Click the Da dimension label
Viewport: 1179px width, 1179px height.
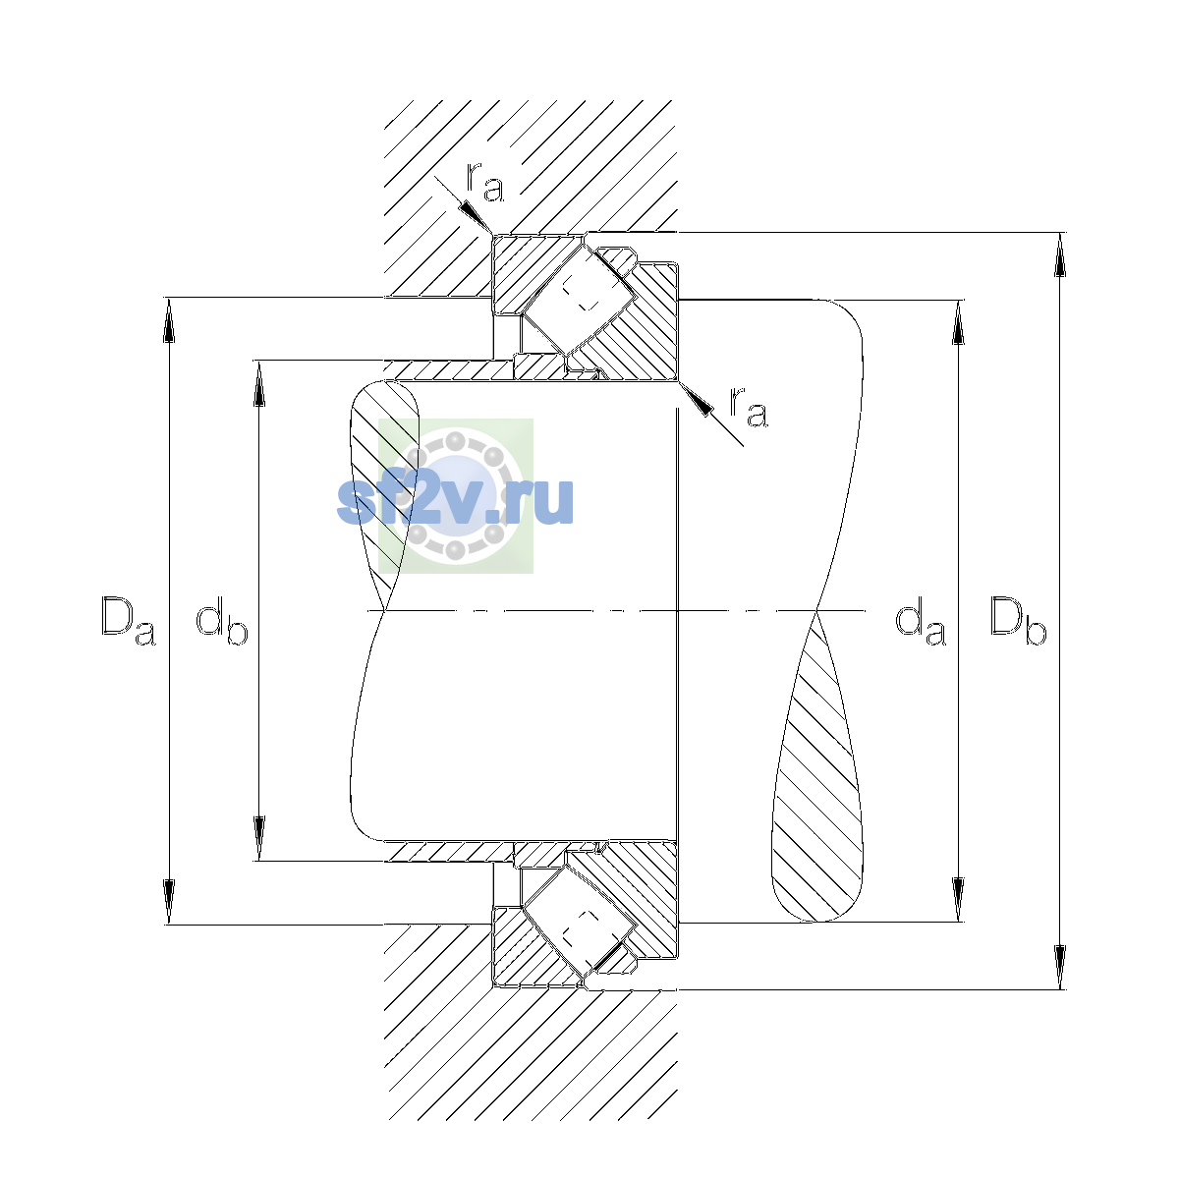pos(129,620)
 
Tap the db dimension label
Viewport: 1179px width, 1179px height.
pos(221,622)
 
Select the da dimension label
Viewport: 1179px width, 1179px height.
pos(921,622)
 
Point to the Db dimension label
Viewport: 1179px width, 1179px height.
pos(1018,620)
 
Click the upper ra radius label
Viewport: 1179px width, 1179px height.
pos(485,182)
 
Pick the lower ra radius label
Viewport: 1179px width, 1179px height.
pos(749,406)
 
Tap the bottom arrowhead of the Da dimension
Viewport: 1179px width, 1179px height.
pos(169,902)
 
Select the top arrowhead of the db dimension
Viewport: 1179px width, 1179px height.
pos(259,383)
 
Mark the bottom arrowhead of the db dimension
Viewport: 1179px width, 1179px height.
pos(259,838)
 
